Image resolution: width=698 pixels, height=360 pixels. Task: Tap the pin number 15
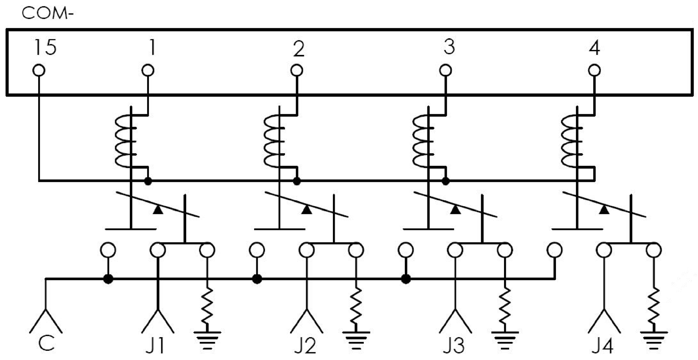45,47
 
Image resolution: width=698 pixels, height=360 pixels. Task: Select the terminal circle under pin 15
39,70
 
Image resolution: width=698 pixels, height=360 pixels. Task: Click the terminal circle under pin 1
148,70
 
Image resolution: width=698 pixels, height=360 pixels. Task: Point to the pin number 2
298,49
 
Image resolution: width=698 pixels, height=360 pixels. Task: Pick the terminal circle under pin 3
446,70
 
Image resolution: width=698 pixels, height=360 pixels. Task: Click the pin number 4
595,48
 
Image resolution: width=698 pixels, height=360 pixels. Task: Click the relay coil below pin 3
422,141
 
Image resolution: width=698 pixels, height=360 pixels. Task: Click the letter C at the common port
46,344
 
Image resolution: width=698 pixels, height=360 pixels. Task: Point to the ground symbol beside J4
654,339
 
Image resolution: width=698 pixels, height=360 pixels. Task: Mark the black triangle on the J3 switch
456,210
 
